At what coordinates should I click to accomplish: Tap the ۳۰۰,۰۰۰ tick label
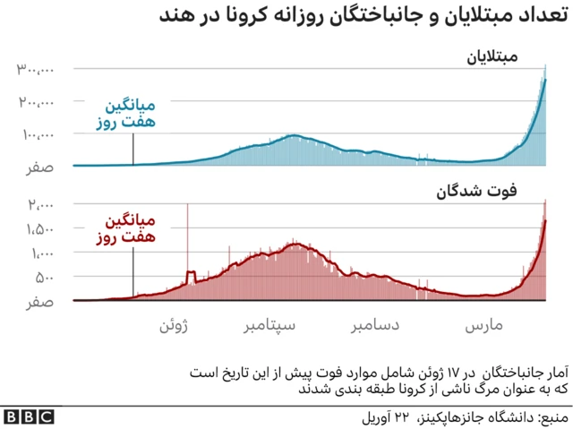(x=35, y=70)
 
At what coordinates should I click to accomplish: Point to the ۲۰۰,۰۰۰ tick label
(x=35, y=103)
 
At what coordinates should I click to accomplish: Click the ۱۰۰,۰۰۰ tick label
(x=35, y=136)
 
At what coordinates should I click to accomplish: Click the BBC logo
(x=29, y=416)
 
